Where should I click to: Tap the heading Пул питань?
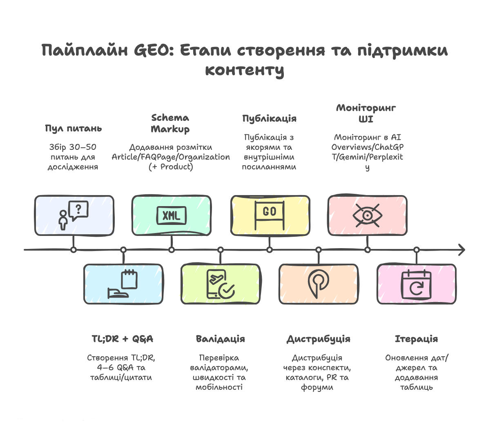click(x=73, y=129)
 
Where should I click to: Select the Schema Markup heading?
click(x=170, y=123)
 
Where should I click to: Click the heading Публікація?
click(x=269, y=119)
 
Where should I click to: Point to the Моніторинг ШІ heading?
click(x=366, y=113)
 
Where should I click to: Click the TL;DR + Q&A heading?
click(x=122, y=339)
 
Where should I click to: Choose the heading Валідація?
click(x=220, y=339)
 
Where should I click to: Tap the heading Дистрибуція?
click(x=318, y=339)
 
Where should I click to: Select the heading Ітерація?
click(x=416, y=339)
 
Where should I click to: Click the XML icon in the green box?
click(x=172, y=215)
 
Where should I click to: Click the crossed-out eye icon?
click(x=368, y=215)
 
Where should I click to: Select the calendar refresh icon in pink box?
click(x=417, y=284)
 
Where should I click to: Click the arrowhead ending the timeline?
click(x=462, y=250)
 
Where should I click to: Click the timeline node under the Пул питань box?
click(x=74, y=250)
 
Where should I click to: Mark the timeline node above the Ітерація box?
click(x=417, y=250)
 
